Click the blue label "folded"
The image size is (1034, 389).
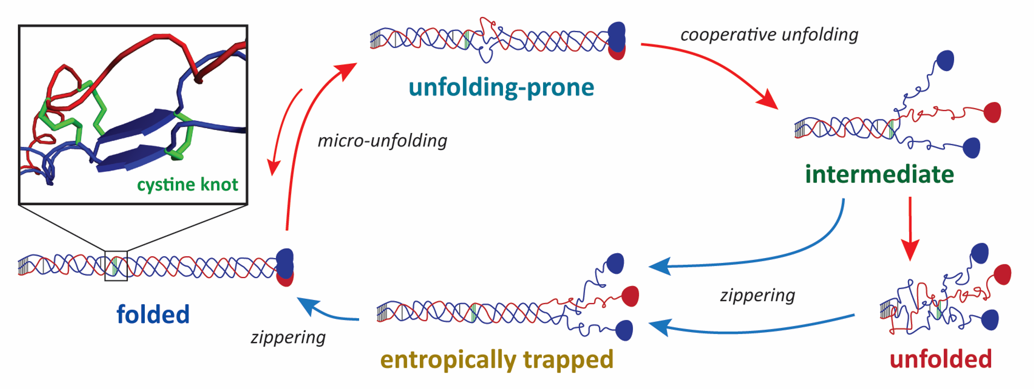click(153, 314)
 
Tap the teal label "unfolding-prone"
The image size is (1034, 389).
click(501, 88)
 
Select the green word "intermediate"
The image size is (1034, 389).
click(879, 174)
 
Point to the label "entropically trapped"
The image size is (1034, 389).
click(497, 359)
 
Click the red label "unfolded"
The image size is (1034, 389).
click(941, 359)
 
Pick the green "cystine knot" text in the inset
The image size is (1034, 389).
click(187, 184)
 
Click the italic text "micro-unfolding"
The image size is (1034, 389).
click(382, 141)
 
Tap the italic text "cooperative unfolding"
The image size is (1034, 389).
click(769, 35)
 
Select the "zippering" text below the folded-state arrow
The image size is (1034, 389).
click(288, 337)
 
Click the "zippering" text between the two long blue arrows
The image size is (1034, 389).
click(757, 295)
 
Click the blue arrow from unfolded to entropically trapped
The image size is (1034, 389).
click(751, 330)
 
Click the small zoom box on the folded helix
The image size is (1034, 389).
click(116, 266)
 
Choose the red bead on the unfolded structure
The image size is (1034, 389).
click(1003, 274)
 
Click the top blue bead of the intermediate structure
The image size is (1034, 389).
click(945, 61)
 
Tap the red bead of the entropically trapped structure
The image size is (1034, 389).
click(630, 296)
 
